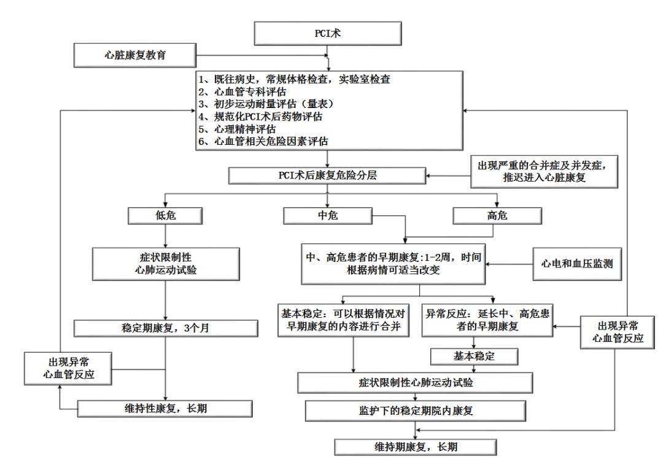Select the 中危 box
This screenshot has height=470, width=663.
(x=328, y=216)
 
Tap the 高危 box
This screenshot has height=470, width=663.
(x=497, y=216)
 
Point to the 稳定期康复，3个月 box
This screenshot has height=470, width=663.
(x=166, y=328)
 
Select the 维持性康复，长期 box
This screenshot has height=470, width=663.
(x=166, y=407)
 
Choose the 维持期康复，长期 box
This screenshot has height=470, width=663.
(x=413, y=446)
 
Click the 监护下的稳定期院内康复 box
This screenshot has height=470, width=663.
(x=415, y=409)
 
